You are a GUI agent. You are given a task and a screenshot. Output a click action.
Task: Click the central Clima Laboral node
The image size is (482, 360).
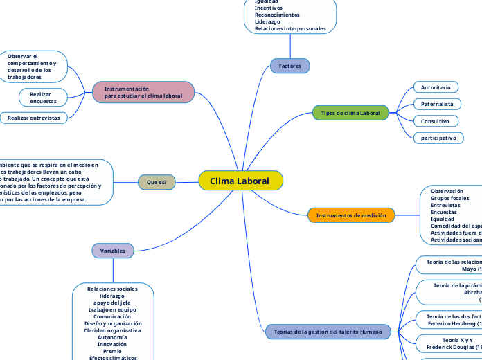(x=240, y=181)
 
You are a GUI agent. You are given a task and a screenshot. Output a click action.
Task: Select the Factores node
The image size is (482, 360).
(x=289, y=66)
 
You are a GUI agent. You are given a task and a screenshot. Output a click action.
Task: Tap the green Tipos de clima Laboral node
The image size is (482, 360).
(x=350, y=113)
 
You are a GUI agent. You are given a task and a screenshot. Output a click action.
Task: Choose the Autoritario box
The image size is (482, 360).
(x=436, y=87)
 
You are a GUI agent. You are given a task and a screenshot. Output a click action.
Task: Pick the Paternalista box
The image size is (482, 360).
(x=437, y=104)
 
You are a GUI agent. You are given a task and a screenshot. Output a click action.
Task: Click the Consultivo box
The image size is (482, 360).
(x=435, y=121)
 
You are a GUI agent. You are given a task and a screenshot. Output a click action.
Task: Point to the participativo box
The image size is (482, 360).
(x=438, y=138)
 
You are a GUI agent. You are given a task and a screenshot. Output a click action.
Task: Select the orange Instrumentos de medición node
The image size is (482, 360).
(x=351, y=215)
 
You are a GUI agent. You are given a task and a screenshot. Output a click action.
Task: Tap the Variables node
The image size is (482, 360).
(x=112, y=250)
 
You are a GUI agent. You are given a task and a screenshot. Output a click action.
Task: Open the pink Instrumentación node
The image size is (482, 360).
(x=143, y=92)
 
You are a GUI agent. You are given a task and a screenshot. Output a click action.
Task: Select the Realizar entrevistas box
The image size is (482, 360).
(x=33, y=118)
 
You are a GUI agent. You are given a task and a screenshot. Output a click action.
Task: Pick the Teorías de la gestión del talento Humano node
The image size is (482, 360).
(x=328, y=332)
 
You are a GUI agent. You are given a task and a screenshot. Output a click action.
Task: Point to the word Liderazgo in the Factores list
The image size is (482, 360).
(x=267, y=21)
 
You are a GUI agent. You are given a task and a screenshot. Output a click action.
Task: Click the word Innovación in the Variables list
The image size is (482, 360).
(x=112, y=344)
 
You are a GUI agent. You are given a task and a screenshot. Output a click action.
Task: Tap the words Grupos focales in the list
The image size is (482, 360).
(x=449, y=198)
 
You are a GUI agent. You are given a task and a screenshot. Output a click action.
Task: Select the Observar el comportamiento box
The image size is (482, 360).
(x=33, y=66)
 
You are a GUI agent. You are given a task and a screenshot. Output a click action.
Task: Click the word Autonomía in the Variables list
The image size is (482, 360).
(x=112, y=337)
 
